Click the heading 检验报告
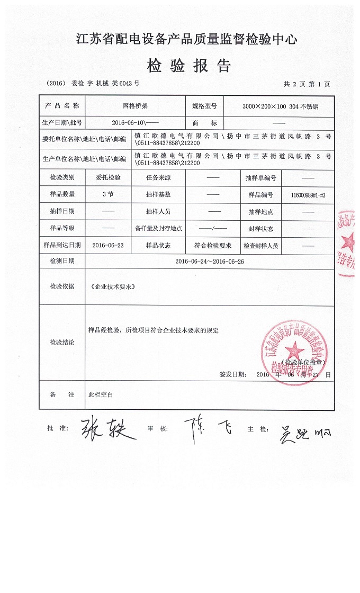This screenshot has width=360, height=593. tap(188, 66)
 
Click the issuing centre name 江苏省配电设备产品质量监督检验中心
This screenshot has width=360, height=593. tap(187, 39)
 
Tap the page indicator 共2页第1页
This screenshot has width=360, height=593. tap(307, 84)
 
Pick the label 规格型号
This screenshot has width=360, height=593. tap(204, 106)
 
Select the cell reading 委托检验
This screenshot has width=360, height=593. tap(108, 178)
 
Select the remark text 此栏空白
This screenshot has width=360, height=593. tap(101, 395)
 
